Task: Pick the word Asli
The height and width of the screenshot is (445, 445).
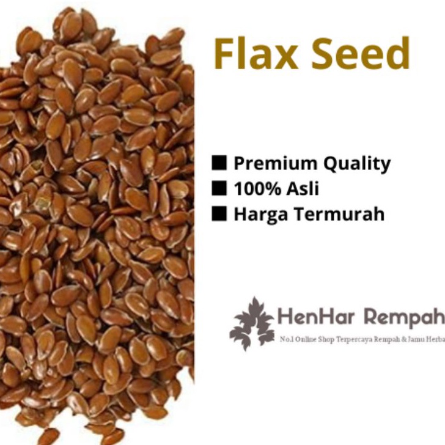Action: (305, 189)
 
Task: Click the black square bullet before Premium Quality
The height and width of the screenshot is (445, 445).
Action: (219, 163)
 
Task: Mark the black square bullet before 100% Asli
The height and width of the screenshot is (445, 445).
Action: (219, 189)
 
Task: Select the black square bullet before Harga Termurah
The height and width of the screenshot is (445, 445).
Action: (219, 214)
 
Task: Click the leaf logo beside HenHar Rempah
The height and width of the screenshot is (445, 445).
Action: (252, 323)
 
